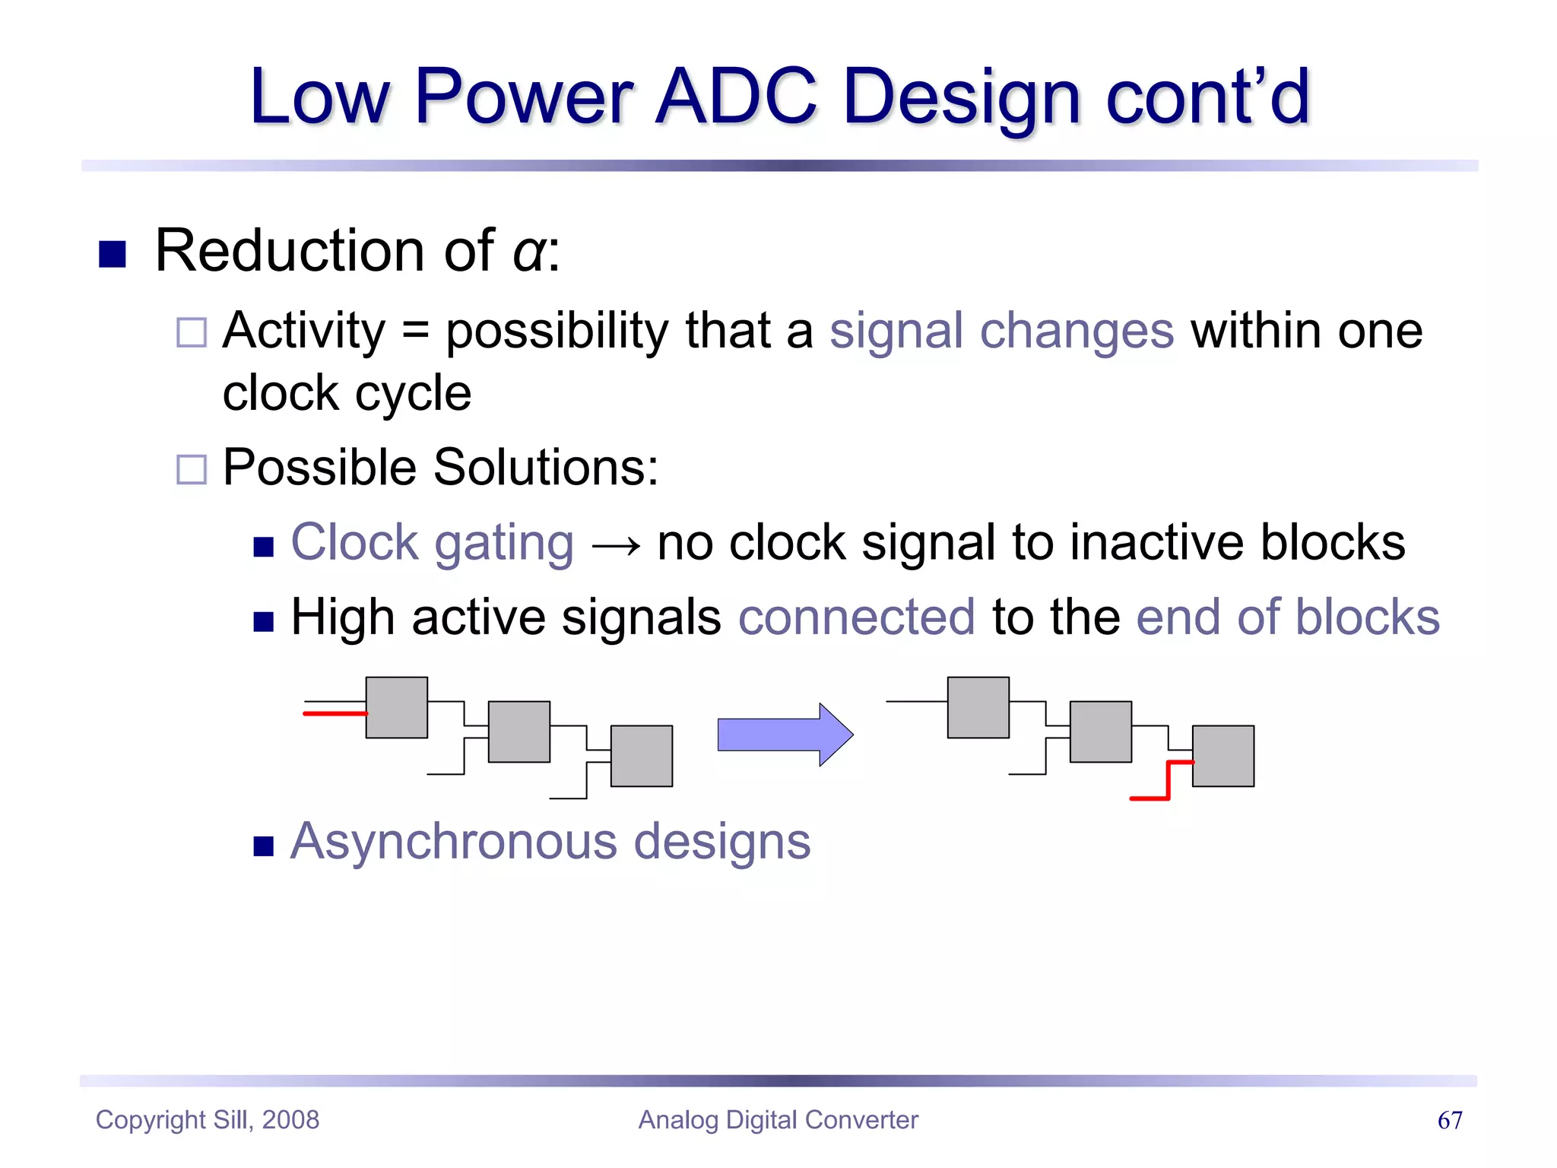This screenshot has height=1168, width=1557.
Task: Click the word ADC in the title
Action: tap(736, 97)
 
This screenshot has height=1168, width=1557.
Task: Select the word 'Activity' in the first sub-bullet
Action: tap(304, 332)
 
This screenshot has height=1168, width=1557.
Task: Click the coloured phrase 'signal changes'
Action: tap(1001, 332)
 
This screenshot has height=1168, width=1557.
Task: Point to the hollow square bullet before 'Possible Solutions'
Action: tap(191, 469)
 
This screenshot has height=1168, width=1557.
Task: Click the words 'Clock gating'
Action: tap(432, 544)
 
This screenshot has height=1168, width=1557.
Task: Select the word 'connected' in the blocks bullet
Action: tap(856, 617)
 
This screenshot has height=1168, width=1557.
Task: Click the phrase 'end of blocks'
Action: tap(1287, 617)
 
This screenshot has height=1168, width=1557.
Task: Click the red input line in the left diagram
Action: tap(335, 713)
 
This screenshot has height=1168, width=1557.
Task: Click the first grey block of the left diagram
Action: tap(396, 707)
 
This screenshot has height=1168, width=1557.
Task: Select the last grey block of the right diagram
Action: tap(1222, 756)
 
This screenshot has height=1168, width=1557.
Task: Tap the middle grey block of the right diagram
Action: tap(1100, 732)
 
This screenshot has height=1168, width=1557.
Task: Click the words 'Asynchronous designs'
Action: tap(550, 843)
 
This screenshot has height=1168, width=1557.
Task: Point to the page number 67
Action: tap(1449, 1120)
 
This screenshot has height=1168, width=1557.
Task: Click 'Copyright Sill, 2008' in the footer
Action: tap(208, 1120)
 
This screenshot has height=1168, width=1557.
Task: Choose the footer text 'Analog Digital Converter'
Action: tap(778, 1120)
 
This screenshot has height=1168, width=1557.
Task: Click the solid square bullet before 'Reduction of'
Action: tap(113, 254)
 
